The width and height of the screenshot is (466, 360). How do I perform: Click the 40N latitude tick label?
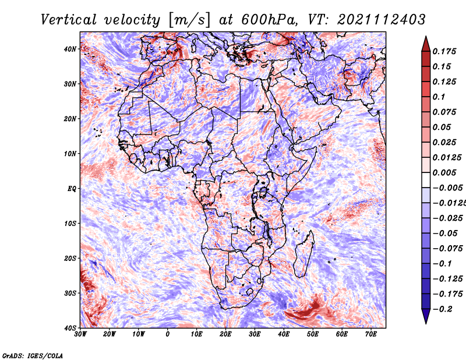click(x=70, y=49)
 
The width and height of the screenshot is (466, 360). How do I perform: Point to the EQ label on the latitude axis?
click(x=72, y=189)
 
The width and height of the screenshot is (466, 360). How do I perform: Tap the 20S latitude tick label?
click(x=70, y=258)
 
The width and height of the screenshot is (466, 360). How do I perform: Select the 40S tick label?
click(x=70, y=328)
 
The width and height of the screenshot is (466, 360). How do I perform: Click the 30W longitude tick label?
click(x=80, y=334)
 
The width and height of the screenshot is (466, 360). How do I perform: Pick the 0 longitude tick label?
click(x=168, y=334)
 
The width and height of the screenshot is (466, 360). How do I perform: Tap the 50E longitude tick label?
click(x=313, y=334)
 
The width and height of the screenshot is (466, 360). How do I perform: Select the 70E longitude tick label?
click(x=371, y=334)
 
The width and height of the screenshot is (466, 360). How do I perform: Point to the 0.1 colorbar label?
click(x=439, y=97)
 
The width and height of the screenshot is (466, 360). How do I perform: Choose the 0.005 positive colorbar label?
click(x=444, y=172)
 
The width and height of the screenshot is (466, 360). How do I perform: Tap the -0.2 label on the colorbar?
click(x=443, y=309)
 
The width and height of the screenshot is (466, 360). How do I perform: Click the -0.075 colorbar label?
click(x=448, y=249)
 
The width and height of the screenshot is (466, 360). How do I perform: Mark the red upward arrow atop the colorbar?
click(x=426, y=44)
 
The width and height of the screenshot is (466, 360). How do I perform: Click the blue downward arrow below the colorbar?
click(x=426, y=316)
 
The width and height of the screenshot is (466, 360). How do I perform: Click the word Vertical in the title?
click(x=69, y=20)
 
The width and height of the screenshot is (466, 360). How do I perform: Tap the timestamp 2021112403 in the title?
click(x=382, y=20)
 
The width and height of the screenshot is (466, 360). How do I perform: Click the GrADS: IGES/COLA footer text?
click(x=33, y=355)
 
